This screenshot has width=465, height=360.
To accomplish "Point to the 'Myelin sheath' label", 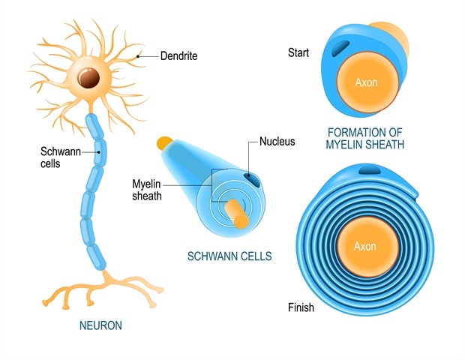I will (147, 190).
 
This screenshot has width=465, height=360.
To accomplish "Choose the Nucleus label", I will (277, 141).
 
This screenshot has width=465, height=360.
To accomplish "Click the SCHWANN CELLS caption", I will (229, 256).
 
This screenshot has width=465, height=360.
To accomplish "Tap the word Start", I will (298, 52).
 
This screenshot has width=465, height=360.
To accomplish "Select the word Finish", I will (301, 307).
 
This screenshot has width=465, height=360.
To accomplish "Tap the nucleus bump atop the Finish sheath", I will (370, 172).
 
